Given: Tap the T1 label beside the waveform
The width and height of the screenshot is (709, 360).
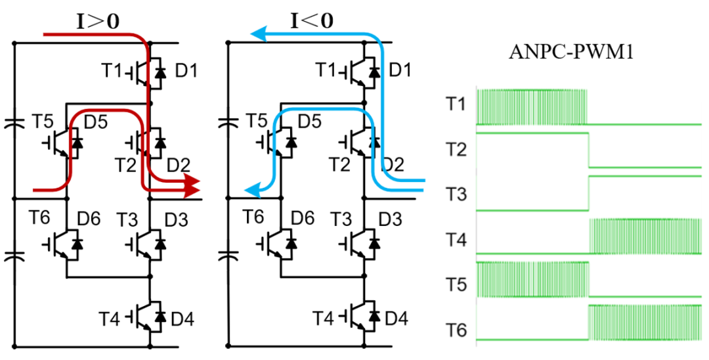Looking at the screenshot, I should point(456,105).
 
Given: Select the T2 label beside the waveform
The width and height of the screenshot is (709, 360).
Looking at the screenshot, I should point(456,151).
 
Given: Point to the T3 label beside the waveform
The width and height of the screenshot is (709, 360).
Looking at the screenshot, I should point(456,194).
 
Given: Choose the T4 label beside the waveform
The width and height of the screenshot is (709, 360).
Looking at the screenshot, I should point(456,240).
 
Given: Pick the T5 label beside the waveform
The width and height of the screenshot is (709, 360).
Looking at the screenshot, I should point(456,285).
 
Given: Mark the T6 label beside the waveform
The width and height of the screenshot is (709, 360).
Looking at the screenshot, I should point(456,329).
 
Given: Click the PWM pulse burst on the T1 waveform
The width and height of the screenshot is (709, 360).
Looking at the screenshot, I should point(532,106).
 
